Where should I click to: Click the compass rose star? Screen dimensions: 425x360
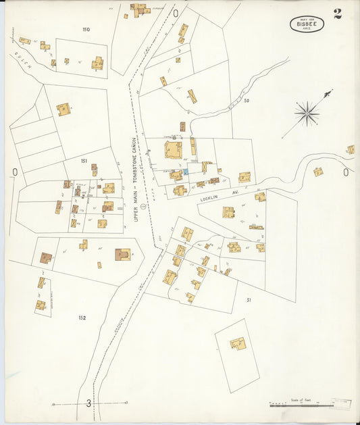[307, 113]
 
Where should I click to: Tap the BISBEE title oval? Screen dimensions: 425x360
[307, 24]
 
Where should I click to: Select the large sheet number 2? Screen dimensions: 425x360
[337, 14]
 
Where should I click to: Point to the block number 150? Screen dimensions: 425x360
[86, 30]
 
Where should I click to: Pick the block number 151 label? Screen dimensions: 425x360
[84, 161]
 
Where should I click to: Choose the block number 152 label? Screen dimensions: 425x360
[82, 318]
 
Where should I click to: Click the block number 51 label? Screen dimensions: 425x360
[249, 299]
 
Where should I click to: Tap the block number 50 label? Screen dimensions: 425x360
[247, 101]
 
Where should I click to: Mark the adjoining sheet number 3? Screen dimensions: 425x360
[88, 403]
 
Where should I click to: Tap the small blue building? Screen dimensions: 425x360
[185, 173]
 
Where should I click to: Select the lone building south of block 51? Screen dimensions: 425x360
[237, 345]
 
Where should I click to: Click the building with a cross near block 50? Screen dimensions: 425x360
[192, 96]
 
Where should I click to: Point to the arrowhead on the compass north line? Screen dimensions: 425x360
[330, 92]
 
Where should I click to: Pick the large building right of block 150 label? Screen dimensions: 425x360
[97, 64]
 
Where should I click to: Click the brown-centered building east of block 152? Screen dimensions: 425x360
[123, 255]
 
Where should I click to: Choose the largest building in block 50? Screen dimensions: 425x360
[174, 150]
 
